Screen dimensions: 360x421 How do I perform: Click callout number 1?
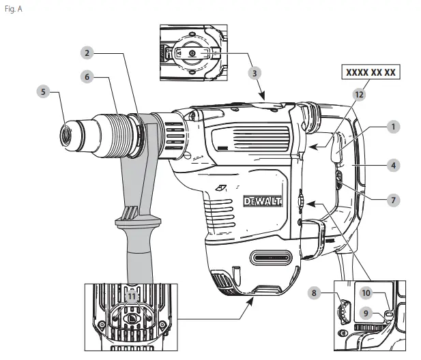pyautogui.click(x=393, y=126)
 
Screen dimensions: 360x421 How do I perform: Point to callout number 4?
pyautogui.click(x=394, y=164)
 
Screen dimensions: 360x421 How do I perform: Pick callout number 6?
pyautogui.click(x=87, y=77)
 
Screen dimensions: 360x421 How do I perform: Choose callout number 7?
pyautogui.click(x=394, y=200)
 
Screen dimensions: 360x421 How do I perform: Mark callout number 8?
pyautogui.click(x=315, y=292)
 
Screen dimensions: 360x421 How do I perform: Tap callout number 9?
pyautogui.click(x=366, y=314)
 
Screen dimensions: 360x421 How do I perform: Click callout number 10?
pyautogui.click(x=366, y=292)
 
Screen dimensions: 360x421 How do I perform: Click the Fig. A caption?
pyautogui.click(x=14, y=10)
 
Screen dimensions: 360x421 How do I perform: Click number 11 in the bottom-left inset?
pyautogui.click(x=132, y=297)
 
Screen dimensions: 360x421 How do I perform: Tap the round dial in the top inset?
pyautogui.click(x=190, y=53)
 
